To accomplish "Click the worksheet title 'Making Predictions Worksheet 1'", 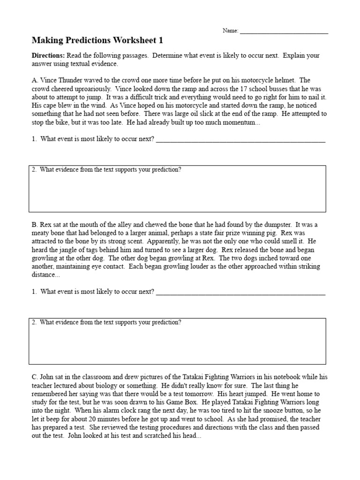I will tap(97, 41).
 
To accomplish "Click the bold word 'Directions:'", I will tap(48, 56).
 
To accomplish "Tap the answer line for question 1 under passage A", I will tap(240, 140).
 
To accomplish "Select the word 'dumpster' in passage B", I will tap(278, 225).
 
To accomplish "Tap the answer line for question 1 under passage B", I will tap(240, 292).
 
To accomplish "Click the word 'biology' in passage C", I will tap(121, 386).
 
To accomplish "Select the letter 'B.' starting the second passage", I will tap(35, 225).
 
